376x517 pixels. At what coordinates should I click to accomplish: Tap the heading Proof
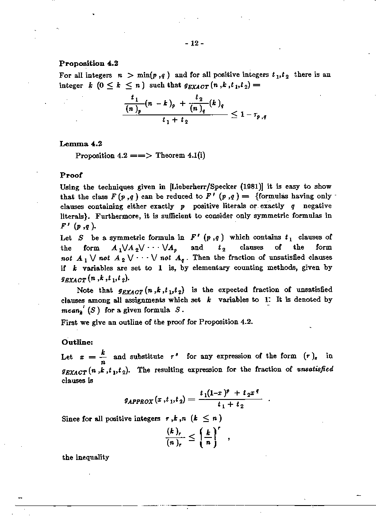71,175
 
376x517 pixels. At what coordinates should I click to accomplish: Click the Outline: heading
77,342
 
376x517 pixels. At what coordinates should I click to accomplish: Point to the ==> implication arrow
141,156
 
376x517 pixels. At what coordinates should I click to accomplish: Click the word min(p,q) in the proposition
152,75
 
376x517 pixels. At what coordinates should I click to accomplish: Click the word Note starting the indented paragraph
85,290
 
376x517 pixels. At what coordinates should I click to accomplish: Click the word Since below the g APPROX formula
71,418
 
